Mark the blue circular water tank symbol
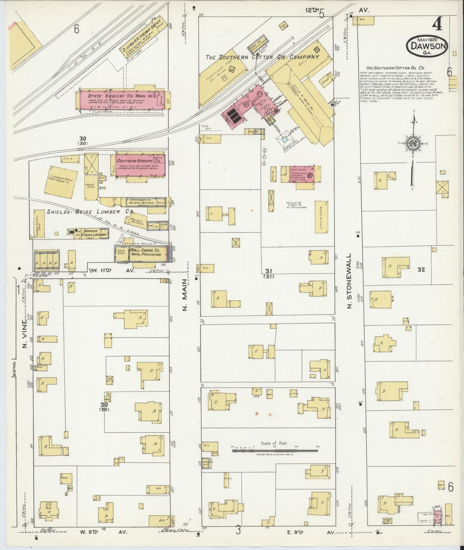(285, 140)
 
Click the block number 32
(421, 270)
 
